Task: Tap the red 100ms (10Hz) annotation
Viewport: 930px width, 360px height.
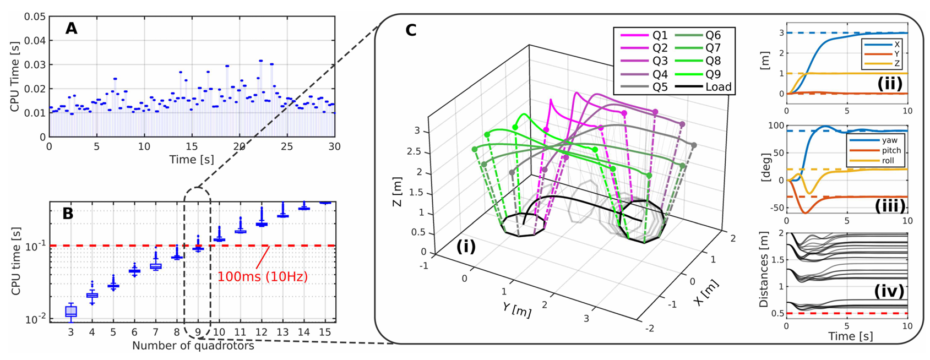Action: [x=263, y=276]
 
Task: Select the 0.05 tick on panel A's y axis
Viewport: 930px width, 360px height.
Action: [x=35, y=17]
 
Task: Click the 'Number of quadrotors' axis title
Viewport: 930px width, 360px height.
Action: [x=193, y=346]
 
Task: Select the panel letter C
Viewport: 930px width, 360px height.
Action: [x=411, y=30]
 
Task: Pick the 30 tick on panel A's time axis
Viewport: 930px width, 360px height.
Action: [x=334, y=147]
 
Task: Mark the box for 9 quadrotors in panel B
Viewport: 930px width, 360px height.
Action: [x=198, y=248]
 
